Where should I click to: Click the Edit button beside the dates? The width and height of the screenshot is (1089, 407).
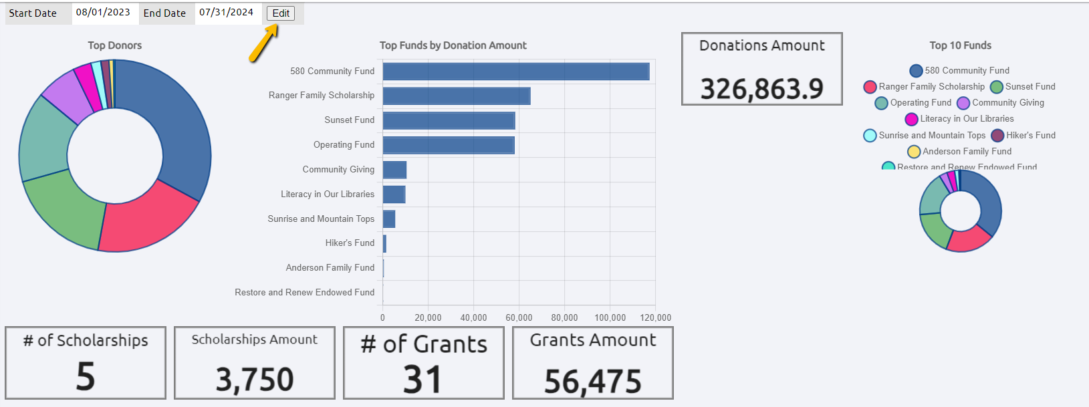281,13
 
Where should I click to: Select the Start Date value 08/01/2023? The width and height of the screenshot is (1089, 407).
103,13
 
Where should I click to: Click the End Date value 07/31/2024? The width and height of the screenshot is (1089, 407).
226,13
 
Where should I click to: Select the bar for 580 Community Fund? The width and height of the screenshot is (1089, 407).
515,72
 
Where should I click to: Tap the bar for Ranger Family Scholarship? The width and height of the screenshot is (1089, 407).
456,96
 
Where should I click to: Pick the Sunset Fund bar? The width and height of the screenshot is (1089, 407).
449,121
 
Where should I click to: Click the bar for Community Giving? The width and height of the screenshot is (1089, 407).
394,170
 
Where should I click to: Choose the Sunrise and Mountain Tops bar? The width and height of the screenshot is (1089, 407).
389,219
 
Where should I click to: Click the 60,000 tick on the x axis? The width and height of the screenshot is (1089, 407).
519,317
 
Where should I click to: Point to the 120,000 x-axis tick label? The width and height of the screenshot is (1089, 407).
655,317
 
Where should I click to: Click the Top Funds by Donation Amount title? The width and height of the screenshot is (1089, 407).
453,45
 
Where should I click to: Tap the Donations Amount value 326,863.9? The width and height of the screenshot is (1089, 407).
761,89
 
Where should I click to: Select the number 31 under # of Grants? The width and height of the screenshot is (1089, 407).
422,380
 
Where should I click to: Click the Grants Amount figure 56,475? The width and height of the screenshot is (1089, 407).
592,382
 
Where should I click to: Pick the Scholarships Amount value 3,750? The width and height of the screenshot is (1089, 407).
254,380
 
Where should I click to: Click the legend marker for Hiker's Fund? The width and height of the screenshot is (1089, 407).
997,136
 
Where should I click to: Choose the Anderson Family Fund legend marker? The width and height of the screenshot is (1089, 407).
914,152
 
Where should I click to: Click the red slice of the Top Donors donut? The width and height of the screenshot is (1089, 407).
148,218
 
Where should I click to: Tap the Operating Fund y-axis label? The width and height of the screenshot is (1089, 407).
344,145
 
